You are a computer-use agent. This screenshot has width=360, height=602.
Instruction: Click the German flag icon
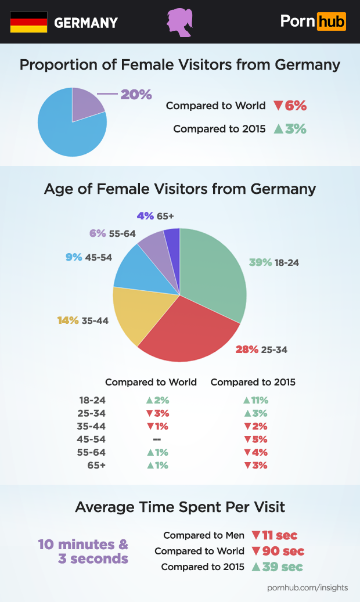pos(28,22)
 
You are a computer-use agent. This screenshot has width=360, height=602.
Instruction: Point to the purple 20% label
pos(136,94)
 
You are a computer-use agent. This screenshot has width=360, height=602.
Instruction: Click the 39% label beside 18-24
pos(260,262)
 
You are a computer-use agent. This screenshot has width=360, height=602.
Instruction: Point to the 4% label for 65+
pos(145,216)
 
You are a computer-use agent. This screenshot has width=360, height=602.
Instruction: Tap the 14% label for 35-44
pos(68,320)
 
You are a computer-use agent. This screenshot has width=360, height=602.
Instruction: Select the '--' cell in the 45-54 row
pos(157,439)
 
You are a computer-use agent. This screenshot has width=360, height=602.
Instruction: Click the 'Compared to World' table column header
pos(151,382)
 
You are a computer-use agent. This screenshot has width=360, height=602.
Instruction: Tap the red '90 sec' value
pos(283,551)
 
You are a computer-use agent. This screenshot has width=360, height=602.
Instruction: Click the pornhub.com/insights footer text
pos(308,587)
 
